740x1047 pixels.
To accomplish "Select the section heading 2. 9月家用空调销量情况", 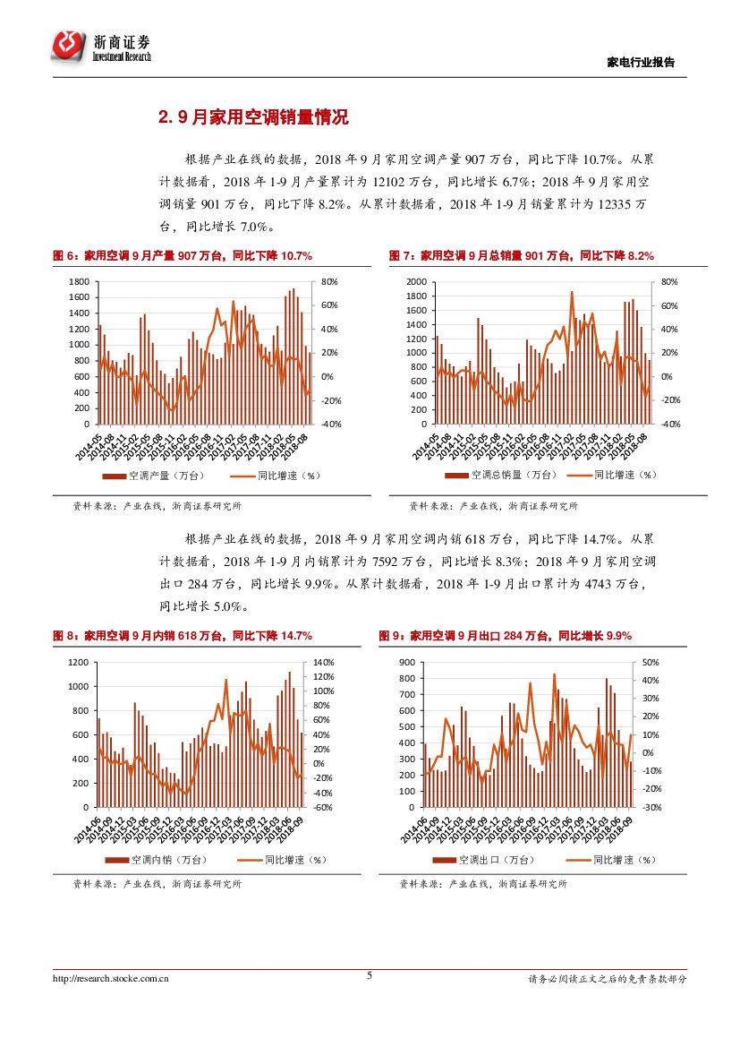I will pyautogui.click(x=253, y=117).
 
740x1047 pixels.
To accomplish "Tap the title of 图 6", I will pyautogui.click(x=183, y=256).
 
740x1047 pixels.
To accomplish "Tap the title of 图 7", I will pyautogui.click(x=521, y=256).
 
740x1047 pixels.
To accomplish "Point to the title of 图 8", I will pyautogui.click(x=183, y=636).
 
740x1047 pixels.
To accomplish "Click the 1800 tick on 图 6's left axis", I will pyautogui.click(x=78, y=282).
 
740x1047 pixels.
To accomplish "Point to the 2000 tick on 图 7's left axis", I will pyautogui.click(x=416, y=282).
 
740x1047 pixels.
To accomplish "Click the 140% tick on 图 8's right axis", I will pyautogui.click(x=323, y=662).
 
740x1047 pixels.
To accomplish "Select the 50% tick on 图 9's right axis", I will pyautogui.click(x=651, y=662).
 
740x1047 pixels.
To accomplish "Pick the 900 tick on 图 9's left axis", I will pyautogui.click(x=407, y=662).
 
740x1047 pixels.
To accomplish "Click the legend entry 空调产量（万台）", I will pyautogui.click(x=157, y=476).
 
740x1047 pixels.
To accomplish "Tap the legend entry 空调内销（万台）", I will pyautogui.click(x=157, y=860).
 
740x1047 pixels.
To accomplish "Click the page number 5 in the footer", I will pyautogui.click(x=370, y=975).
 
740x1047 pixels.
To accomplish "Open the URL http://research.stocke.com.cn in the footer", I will pyautogui.click(x=111, y=979).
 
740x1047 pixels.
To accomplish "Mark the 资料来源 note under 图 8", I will pyautogui.click(x=157, y=884).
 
